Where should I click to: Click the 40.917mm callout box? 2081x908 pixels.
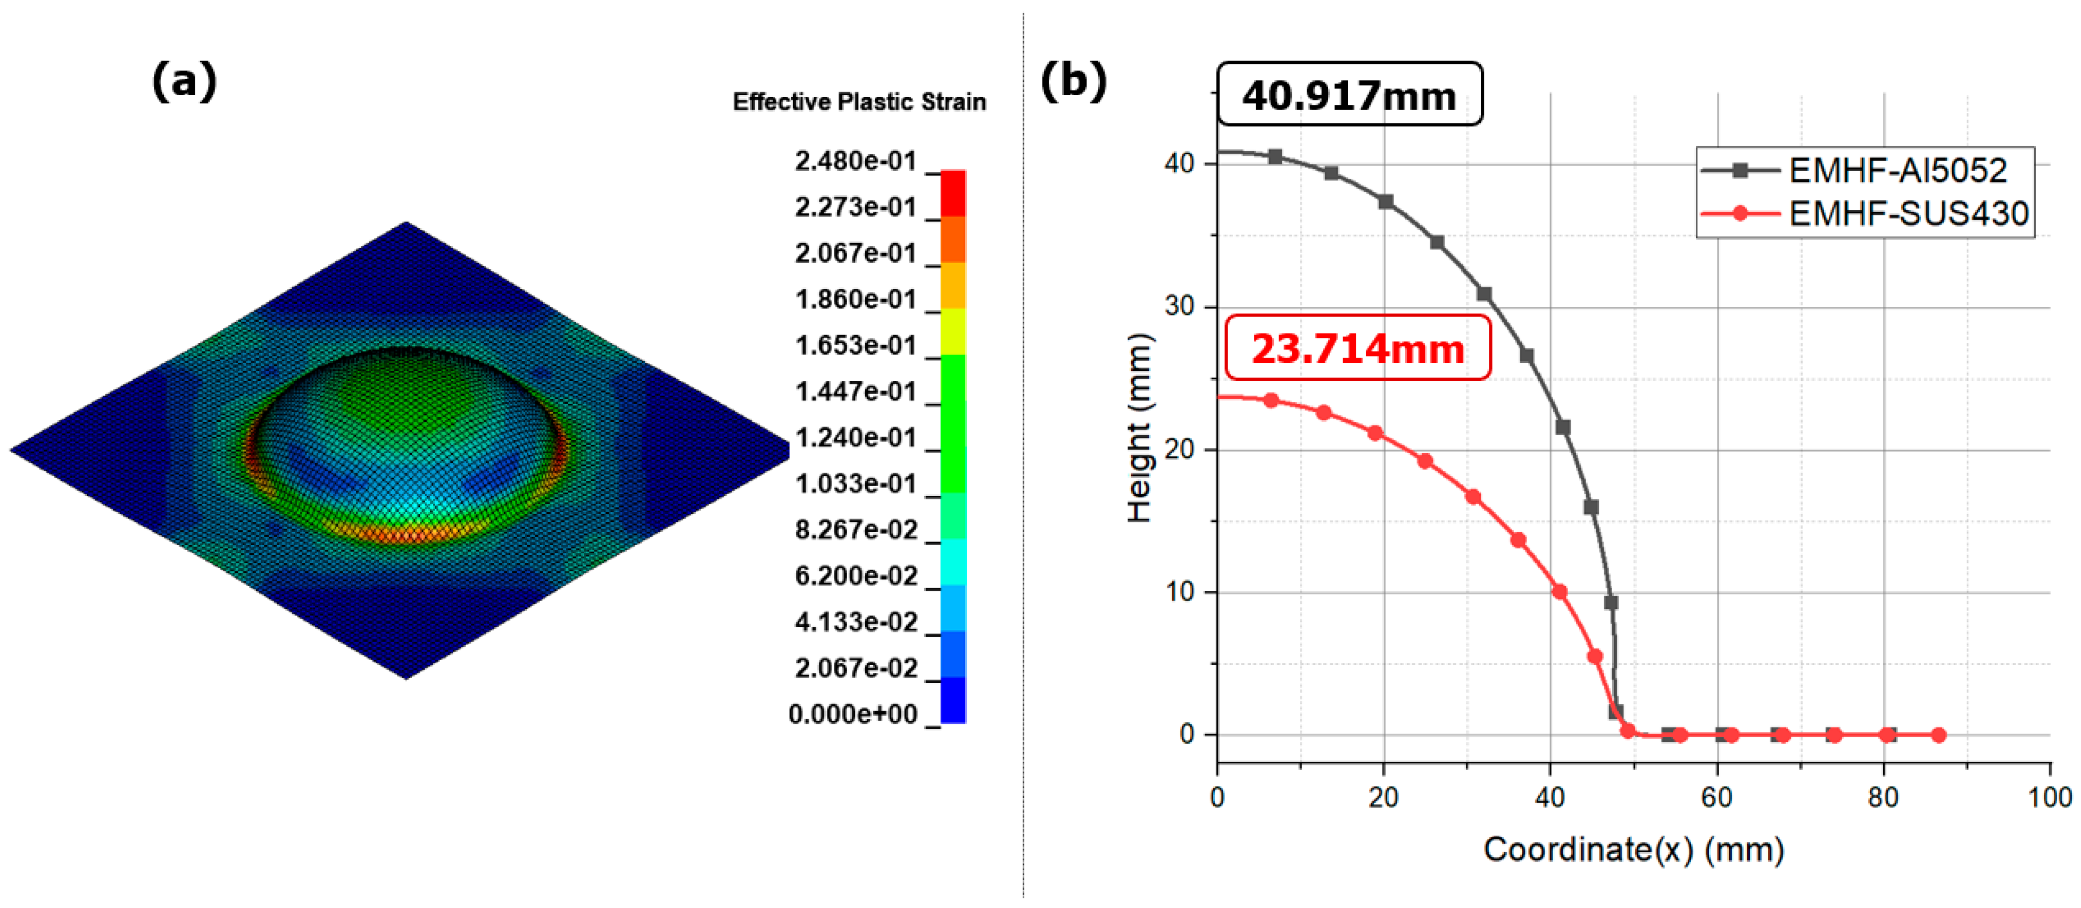[1349, 95]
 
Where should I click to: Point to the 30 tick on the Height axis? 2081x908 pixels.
[1180, 306]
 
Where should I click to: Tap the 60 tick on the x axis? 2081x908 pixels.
[1717, 798]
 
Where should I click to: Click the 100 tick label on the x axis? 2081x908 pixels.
[2049, 798]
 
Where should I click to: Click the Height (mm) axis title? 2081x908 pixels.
[1139, 428]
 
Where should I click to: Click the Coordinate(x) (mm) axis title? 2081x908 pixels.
[1634, 850]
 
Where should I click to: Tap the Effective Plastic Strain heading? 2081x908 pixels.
[859, 102]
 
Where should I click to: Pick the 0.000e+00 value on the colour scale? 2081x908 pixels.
[852, 714]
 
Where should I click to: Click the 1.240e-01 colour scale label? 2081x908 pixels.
[856, 438]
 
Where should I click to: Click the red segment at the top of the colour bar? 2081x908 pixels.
[954, 193]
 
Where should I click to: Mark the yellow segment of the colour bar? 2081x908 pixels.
[954, 331]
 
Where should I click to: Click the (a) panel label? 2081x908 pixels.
[184, 81]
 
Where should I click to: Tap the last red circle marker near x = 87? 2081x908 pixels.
[1938, 735]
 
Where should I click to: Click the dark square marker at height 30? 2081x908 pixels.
[1484, 294]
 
